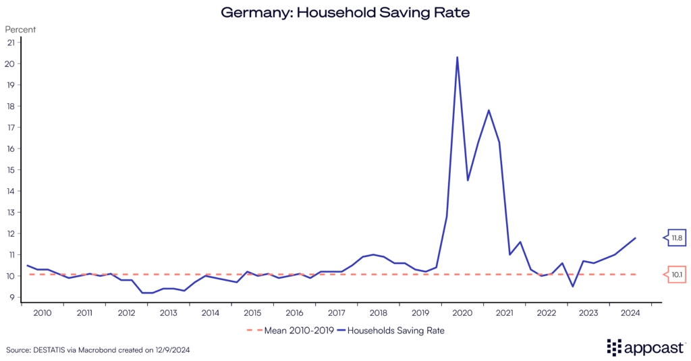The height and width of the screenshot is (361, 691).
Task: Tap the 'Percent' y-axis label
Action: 20,30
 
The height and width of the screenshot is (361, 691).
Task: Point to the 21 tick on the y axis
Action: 11,43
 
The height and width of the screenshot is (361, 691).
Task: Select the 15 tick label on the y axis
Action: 11,170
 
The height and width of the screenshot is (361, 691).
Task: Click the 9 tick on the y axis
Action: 11,298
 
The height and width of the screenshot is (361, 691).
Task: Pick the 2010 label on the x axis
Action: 43,313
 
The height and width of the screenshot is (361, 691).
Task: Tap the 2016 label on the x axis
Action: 294,313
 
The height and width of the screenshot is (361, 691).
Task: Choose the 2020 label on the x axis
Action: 462,313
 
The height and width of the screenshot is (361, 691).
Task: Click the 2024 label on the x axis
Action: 630,313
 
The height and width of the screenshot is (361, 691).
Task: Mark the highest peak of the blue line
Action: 458,57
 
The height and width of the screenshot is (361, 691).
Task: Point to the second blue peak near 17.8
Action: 489,110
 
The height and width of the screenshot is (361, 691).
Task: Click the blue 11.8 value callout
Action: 676,238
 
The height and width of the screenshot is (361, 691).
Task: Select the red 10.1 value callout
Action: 676,275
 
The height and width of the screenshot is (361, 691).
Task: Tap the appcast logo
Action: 646,347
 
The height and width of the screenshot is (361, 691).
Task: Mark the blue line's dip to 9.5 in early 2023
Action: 573,286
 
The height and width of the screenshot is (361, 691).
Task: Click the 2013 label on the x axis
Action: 168,313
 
